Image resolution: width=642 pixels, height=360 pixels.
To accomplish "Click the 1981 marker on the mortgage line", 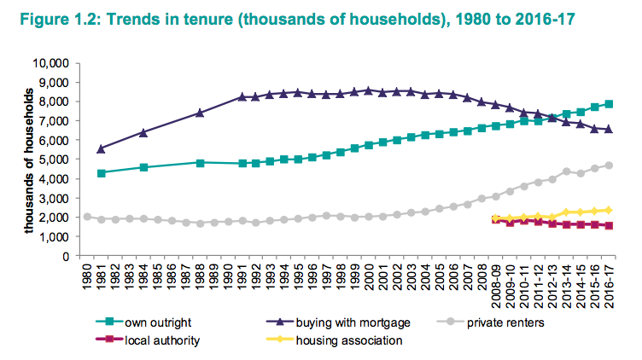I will click(x=102, y=148).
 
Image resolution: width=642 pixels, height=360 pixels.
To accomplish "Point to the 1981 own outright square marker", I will click(x=102, y=172).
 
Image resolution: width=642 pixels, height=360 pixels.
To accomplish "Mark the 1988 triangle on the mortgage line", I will click(x=200, y=113).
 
